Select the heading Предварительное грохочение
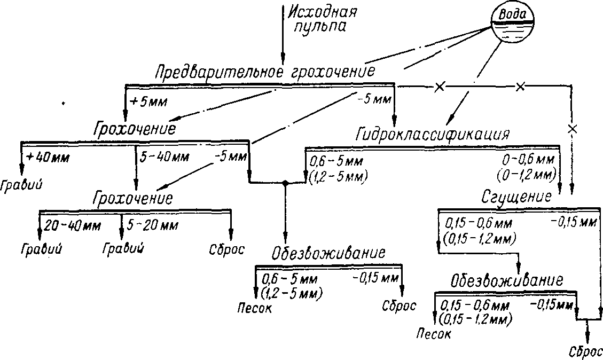click(265, 72)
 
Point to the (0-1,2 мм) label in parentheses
click(526, 174)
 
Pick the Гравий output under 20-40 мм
click(41, 249)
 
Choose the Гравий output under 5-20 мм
click(123, 249)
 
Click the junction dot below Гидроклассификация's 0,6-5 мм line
click(286, 183)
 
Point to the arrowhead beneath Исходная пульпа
click(283, 57)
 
